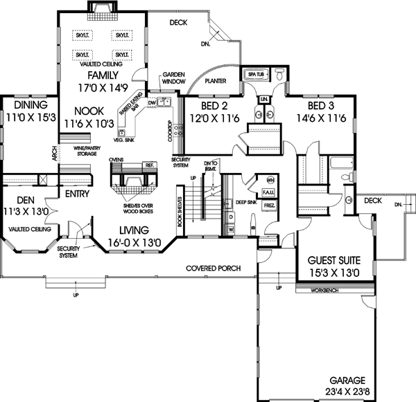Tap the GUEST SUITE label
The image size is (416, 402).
[x=333, y=262]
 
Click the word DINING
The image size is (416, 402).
[x=30, y=104]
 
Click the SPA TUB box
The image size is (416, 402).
[x=252, y=72]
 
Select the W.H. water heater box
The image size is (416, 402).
[x=270, y=181]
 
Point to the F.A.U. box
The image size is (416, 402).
[x=270, y=201]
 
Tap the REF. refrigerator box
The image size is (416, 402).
[x=149, y=165]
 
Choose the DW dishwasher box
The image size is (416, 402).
[x=152, y=103]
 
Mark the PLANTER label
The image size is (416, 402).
[x=216, y=80]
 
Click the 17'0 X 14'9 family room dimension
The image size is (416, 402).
[x=102, y=88]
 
